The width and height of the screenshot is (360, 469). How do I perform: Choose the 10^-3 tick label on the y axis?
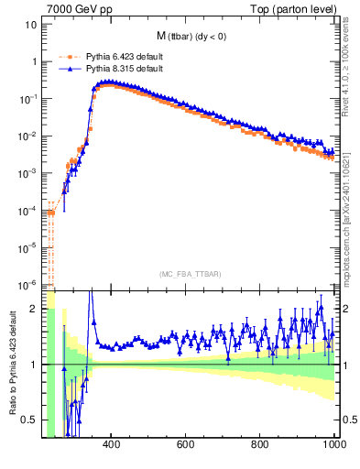coord(27,173)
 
